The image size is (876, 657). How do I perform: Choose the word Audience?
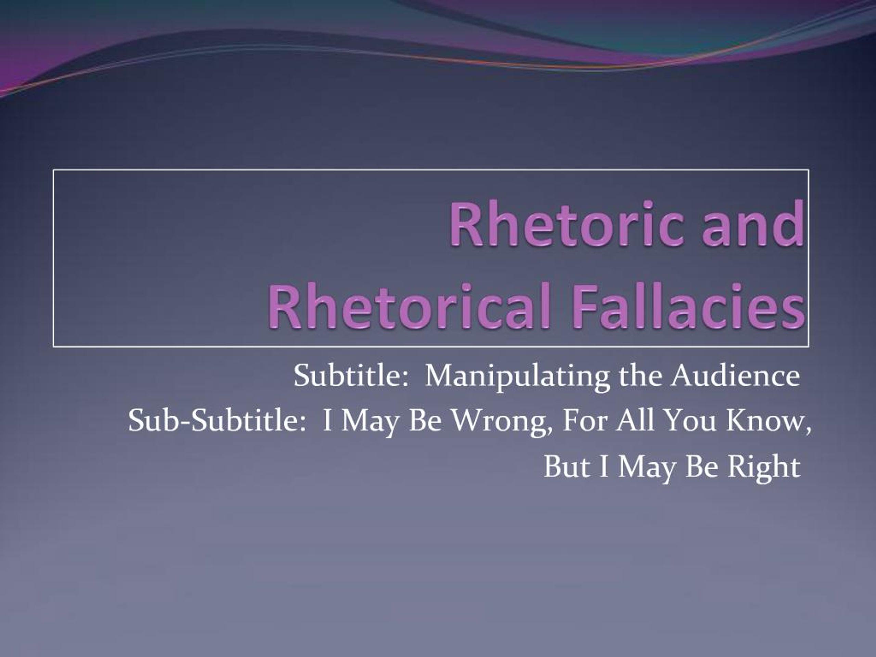tap(735, 375)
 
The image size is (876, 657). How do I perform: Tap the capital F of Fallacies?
tap(584, 307)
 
